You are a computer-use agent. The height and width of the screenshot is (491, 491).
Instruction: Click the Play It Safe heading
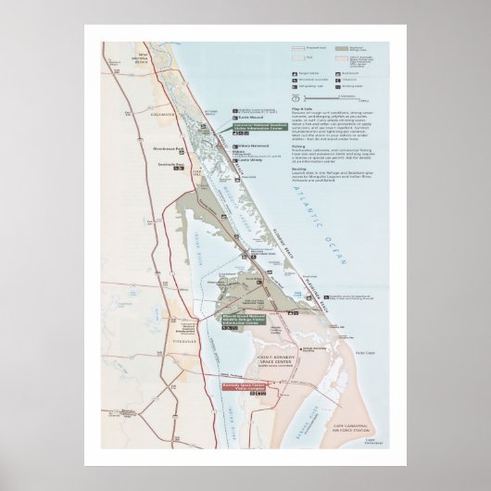click(x=301, y=109)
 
